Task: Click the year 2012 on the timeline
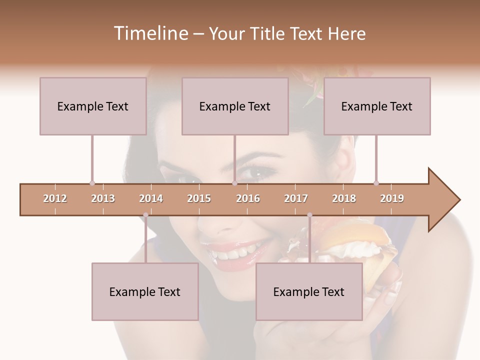[x=55, y=198]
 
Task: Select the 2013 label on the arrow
[x=103, y=198]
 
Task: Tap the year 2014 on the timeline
[x=151, y=198]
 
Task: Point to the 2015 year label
[x=199, y=198]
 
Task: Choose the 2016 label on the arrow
[x=248, y=198]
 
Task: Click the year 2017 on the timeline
[x=296, y=198]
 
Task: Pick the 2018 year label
[x=344, y=198]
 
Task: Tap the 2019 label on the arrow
[x=392, y=198]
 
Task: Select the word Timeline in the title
[x=150, y=33]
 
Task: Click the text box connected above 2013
[x=93, y=106]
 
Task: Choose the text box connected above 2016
[x=235, y=106]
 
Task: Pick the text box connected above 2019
[x=377, y=106]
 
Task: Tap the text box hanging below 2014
[x=145, y=291]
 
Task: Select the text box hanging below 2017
[x=309, y=291]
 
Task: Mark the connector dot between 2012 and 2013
[x=92, y=183]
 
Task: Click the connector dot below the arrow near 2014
[x=145, y=215]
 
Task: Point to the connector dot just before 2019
[x=376, y=183]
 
